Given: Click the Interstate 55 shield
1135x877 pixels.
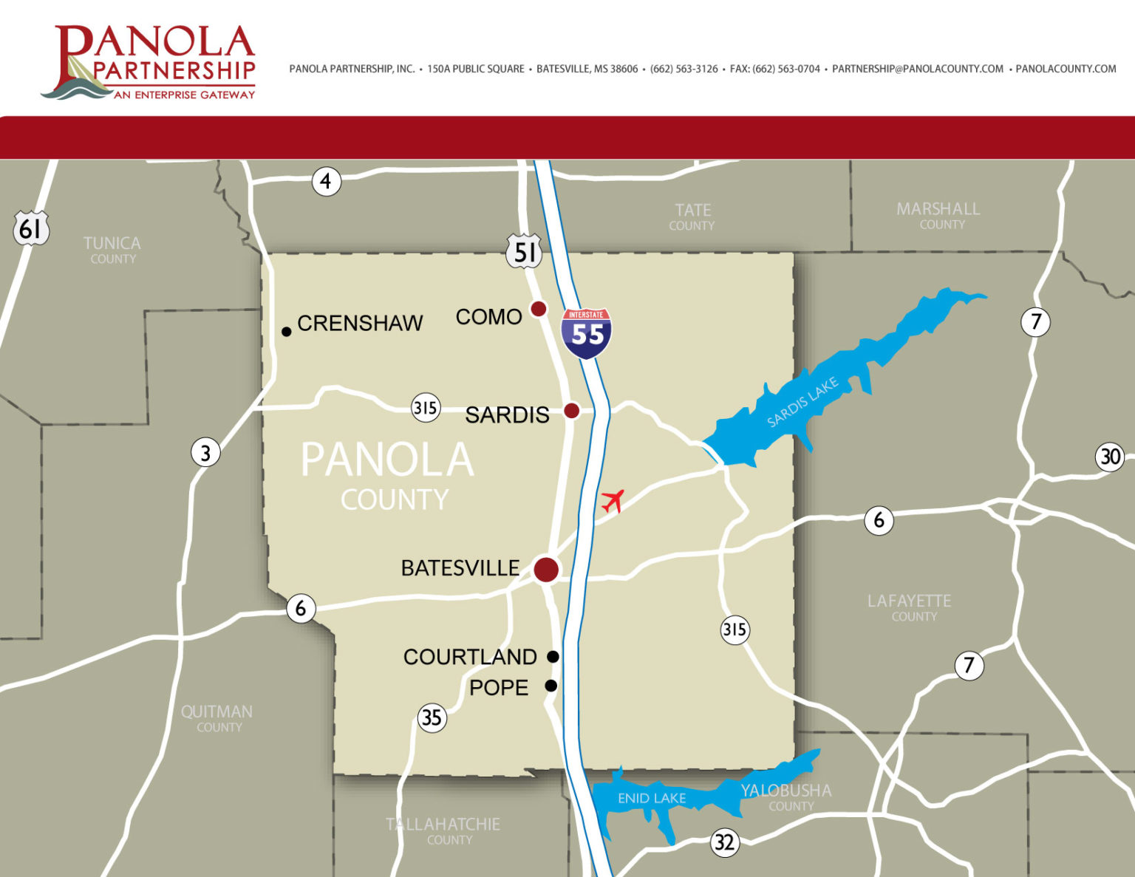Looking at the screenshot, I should (x=586, y=333).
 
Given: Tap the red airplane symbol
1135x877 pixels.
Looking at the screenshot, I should (x=612, y=501).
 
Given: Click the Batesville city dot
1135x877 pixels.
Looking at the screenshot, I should (x=546, y=569).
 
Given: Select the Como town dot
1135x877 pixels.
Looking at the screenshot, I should (x=539, y=309).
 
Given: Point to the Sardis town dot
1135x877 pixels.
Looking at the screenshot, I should (x=571, y=410).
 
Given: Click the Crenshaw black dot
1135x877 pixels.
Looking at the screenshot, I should (x=287, y=332).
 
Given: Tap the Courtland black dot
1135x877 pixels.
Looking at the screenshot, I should (x=553, y=656).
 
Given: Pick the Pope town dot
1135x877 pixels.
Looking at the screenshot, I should (x=551, y=686).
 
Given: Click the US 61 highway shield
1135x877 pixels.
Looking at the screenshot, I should (x=31, y=228).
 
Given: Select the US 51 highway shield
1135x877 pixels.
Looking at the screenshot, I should (x=524, y=251).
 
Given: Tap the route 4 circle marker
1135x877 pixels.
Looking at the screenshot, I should (x=326, y=181).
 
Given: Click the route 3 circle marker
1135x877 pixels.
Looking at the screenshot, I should (x=205, y=452).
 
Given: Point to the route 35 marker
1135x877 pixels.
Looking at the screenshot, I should (x=432, y=717).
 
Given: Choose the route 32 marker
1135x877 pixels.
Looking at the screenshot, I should (x=724, y=842).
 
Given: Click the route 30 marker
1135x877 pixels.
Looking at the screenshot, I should (x=1110, y=457).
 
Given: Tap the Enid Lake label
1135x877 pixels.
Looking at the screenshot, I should (x=651, y=798).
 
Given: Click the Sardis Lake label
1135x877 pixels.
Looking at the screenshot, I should (x=802, y=402).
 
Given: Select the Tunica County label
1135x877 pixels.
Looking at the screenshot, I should (x=112, y=249).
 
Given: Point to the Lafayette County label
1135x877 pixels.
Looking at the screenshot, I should (x=910, y=607).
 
